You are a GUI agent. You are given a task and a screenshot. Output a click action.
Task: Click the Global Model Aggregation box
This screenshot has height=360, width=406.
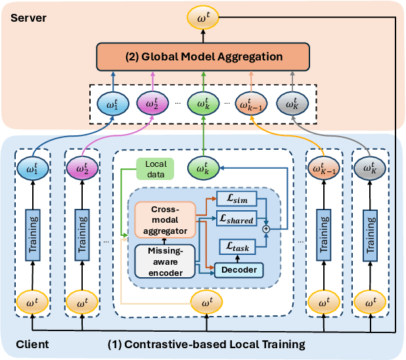tap(204, 57)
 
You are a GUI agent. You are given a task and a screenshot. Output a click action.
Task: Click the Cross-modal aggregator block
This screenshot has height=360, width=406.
tap(164, 218)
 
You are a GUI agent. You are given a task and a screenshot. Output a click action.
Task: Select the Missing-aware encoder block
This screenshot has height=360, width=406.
tap(164, 261)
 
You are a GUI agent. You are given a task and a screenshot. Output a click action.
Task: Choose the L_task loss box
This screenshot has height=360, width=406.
tap(237, 247)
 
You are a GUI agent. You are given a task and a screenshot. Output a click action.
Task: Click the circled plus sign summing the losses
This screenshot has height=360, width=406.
tap(266, 228)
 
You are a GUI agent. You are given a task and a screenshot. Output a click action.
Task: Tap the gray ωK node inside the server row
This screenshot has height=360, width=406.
tap(290, 103)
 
